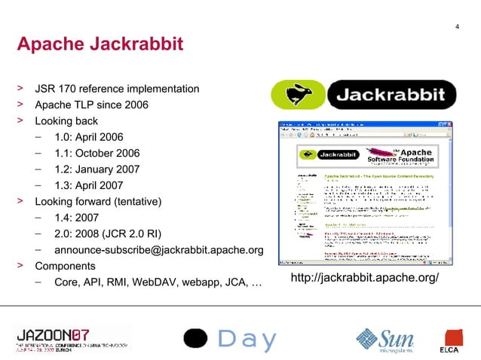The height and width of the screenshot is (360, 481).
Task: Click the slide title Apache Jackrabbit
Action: click(x=100, y=45)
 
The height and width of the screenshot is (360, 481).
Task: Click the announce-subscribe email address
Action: click(x=158, y=250)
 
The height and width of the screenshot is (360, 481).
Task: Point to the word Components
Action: click(x=66, y=267)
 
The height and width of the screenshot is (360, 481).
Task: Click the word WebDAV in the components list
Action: click(x=158, y=283)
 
